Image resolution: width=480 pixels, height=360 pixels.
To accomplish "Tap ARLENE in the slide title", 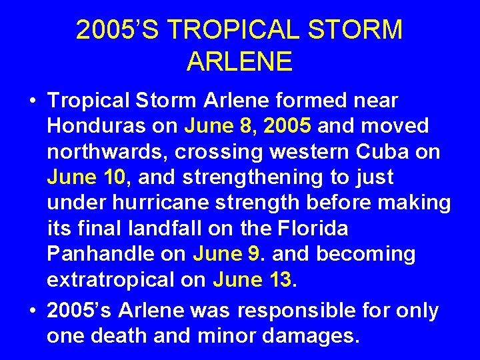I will pyautogui.click(x=239, y=61).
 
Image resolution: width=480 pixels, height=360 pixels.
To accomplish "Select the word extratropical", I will pyautogui.click(x=113, y=280).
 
